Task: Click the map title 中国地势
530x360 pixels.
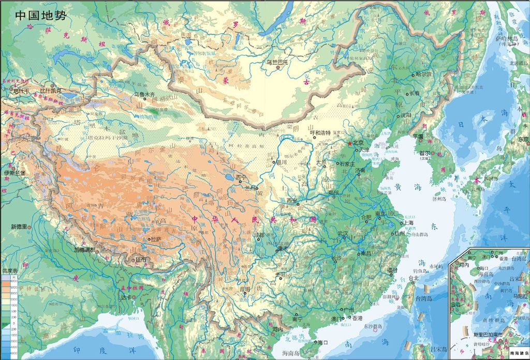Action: click(x=41, y=14)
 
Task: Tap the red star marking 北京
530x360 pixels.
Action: click(x=349, y=143)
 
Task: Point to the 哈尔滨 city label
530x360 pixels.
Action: click(x=423, y=74)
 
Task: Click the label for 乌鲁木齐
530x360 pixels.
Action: click(x=144, y=95)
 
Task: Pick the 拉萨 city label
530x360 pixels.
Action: click(x=156, y=239)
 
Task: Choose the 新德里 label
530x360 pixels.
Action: click(x=21, y=227)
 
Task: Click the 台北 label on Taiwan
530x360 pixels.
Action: click(x=414, y=278)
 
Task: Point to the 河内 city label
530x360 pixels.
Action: click(x=278, y=328)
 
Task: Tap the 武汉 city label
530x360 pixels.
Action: click(x=343, y=233)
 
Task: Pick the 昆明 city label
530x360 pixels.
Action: click(x=244, y=289)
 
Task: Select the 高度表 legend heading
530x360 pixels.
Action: click(x=10, y=271)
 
